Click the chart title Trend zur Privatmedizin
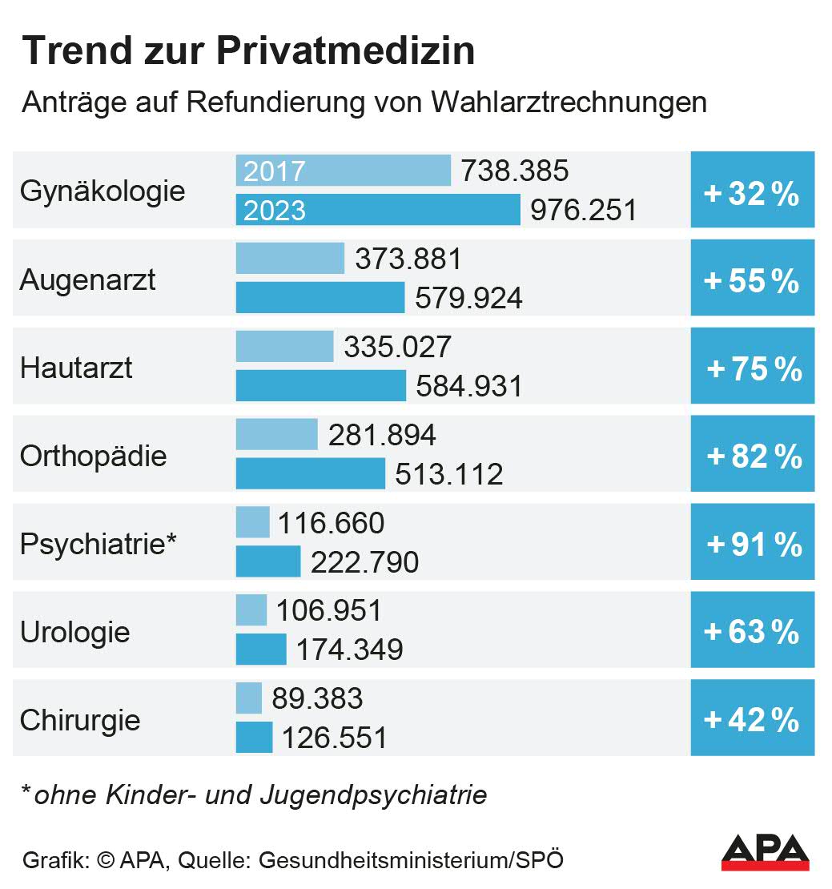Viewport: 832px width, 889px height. click(x=247, y=51)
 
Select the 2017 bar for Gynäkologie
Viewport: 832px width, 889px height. click(x=344, y=171)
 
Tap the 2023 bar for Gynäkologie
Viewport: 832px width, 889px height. click(x=378, y=210)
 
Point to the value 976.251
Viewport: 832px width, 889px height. click(x=584, y=210)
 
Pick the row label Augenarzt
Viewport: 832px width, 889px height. click(x=88, y=280)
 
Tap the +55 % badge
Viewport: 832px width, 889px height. click(x=752, y=280)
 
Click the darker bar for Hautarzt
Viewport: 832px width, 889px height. click(x=321, y=385)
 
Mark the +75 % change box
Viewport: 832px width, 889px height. click(x=752, y=369)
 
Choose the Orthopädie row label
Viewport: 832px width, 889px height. click(x=94, y=457)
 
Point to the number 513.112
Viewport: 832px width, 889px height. click(x=449, y=473)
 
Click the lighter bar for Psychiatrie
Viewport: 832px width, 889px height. click(x=252, y=522)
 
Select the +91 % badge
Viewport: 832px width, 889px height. click(x=752, y=545)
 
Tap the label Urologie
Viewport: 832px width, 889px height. click(x=75, y=633)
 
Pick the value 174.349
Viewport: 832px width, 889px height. click(x=350, y=650)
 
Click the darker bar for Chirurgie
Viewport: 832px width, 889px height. click(x=254, y=737)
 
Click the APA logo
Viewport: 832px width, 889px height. click(x=765, y=852)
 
